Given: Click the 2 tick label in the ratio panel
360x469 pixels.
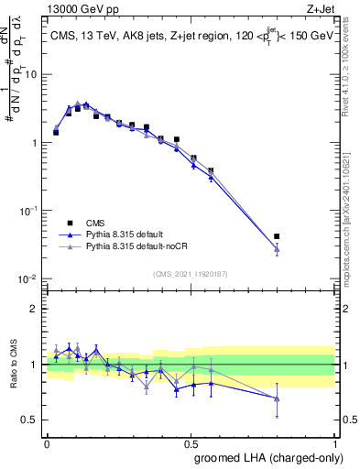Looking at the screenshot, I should [36, 309].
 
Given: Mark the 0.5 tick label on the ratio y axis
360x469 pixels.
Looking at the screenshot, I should [32, 420].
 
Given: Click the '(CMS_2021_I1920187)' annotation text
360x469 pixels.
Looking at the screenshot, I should [190, 272].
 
